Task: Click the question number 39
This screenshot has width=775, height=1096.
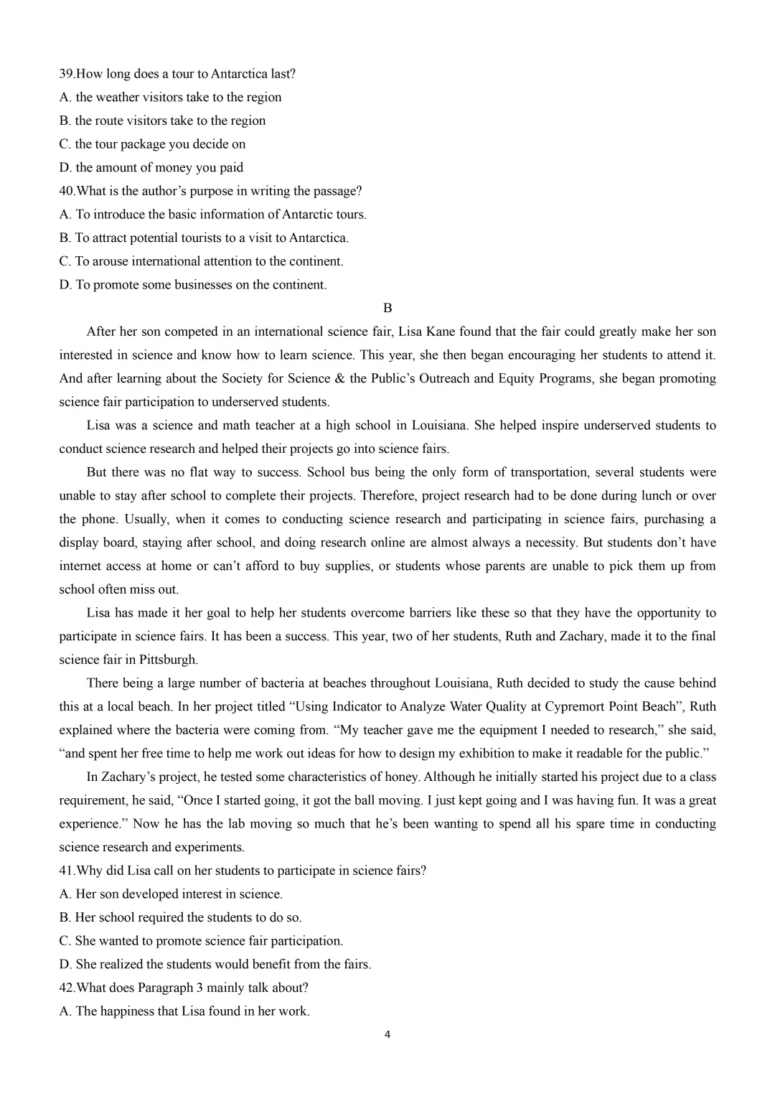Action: coord(66,74)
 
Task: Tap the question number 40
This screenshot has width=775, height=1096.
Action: coord(66,191)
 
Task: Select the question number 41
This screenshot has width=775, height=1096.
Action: coord(66,871)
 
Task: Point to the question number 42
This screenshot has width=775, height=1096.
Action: coord(66,988)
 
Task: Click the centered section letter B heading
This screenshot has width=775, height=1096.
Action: coord(387,308)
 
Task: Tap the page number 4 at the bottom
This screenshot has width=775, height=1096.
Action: coord(387,1034)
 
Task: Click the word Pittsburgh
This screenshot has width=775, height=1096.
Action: coord(167,660)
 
